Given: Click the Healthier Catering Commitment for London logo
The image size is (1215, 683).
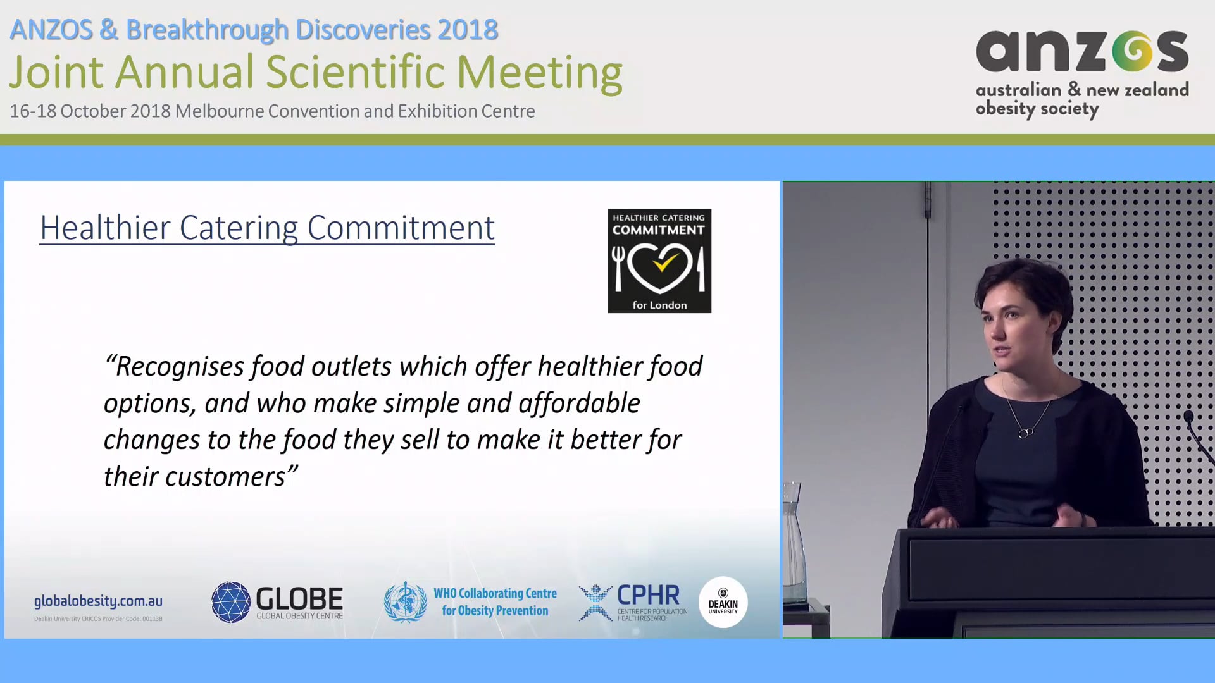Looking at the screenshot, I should (659, 261).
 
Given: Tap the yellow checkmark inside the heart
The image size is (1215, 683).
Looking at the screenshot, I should (663, 261).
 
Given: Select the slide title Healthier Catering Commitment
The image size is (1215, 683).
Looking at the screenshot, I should (267, 228).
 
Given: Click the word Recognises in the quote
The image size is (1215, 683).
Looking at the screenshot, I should (180, 367).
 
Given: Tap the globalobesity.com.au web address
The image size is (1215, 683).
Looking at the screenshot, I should (98, 601).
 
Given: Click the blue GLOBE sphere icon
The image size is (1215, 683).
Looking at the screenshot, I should (231, 602).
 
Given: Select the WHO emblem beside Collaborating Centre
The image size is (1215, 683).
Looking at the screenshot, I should (406, 602).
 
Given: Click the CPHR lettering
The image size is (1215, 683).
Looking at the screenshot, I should (648, 595).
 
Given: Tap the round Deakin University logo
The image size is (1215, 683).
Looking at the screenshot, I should (723, 602).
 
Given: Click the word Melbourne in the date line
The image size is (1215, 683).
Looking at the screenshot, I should (219, 111).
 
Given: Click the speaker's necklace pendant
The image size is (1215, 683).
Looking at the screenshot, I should (1025, 433).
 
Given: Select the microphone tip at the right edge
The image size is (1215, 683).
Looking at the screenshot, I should (1188, 417).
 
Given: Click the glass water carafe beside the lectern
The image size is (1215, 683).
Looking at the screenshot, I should (794, 544).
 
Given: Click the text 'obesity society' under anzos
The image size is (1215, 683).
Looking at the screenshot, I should (1037, 109).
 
